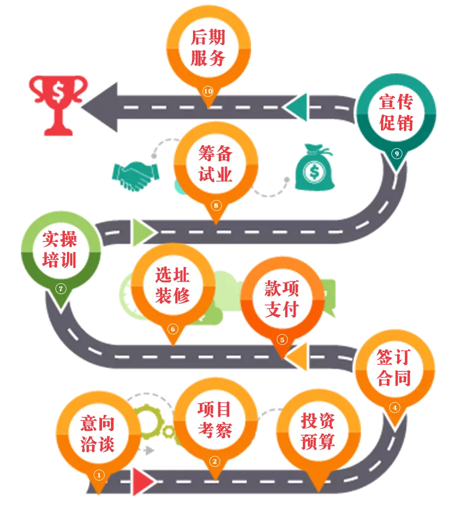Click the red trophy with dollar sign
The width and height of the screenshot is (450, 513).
tap(59, 105)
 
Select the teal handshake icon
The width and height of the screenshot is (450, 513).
tap(135, 175)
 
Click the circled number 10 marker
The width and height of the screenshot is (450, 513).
tap(208, 91)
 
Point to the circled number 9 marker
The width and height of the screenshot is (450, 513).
tap(397, 153)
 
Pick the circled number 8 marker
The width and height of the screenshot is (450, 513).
tap(216, 205)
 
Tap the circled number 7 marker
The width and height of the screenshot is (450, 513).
tap(61, 288)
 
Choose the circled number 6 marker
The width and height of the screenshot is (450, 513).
tap(173, 329)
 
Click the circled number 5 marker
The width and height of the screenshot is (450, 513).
tap(282, 340)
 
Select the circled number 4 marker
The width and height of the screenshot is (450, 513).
tap(395, 408)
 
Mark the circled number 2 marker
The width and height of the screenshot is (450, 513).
tap(215, 461)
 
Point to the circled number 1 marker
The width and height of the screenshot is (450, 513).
tap(99, 475)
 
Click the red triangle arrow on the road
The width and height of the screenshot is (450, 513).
tap(143, 482)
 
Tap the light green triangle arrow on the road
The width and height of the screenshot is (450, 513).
tap(142, 232)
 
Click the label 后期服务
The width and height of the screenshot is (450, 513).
tap(208, 48)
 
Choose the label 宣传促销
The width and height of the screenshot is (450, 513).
tap(397, 113)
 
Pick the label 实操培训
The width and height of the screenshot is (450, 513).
tap(60, 249)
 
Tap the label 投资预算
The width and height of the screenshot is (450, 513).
tap(318, 431)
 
